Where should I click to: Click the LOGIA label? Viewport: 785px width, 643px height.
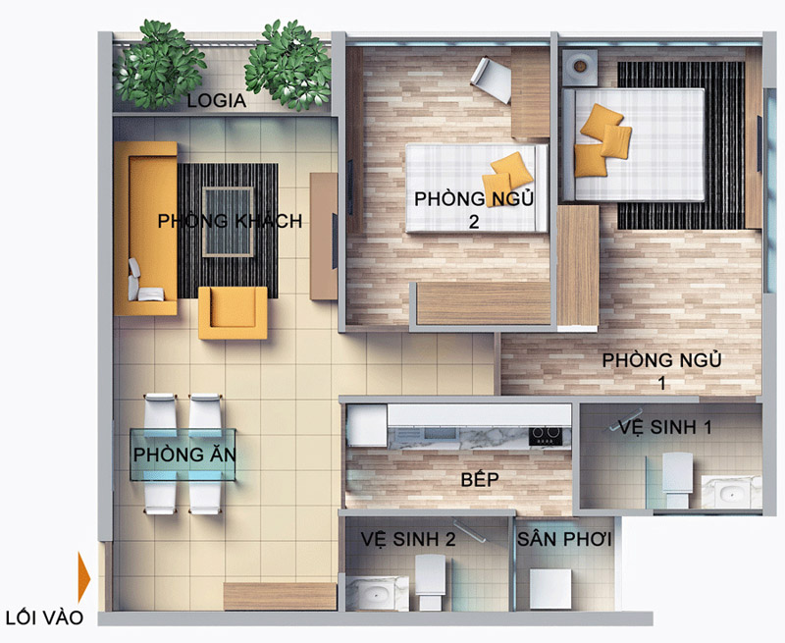pos(217,101)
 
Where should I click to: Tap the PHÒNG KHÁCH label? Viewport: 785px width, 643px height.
pos(230,221)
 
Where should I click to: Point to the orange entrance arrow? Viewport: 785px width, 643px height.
pos(84,577)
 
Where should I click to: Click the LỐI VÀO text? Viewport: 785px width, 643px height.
pos(44,617)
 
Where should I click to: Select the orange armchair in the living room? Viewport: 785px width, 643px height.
pos(233,313)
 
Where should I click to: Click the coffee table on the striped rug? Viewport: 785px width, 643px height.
pos(228,222)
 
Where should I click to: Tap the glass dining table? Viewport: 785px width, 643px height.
pos(183,455)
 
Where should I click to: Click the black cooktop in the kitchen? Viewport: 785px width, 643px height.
pos(546,436)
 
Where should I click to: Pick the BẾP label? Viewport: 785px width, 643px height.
pos(480,479)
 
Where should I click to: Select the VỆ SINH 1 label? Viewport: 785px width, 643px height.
pos(665,427)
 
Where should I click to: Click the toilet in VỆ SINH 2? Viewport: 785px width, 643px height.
pos(431,583)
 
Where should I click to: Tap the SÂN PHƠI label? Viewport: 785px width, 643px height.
pos(564,539)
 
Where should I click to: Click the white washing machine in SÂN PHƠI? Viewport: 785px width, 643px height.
pos(550,589)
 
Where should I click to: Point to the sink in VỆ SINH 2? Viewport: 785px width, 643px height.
pos(377,593)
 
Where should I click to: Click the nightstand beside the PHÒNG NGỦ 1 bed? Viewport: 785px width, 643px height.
pos(580,67)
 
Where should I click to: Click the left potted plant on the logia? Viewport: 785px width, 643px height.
pos(159,64)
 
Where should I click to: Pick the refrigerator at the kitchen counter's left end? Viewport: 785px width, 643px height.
pos(367,426)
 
